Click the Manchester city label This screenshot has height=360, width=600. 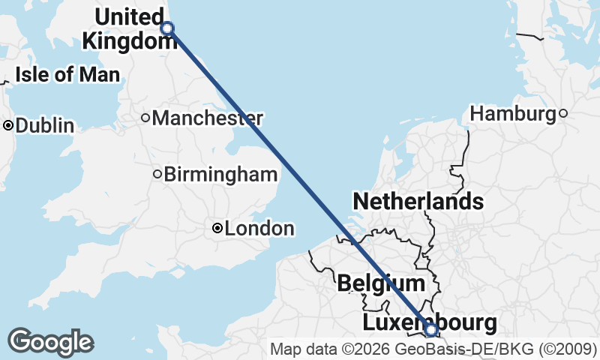click(208, 118)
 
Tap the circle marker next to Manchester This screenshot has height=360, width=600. click(146, 118)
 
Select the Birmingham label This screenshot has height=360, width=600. click(220, 175)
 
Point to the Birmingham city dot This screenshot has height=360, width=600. click(157, 175)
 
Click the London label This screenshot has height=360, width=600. click(259, 229)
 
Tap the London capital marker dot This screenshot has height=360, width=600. click(217, 228)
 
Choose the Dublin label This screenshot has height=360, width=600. click(45, 126)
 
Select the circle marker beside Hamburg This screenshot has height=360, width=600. click(562, 114)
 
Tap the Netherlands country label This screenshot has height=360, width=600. click(418, 201)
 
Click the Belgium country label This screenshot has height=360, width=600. click(381, 283)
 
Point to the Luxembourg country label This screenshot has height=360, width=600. click(429, 322)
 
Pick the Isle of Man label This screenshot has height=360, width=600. click(67, 75)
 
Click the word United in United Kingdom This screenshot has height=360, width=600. click(130, 16)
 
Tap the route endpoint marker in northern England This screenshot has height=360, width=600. click(167, 28)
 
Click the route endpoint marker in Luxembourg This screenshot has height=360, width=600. click(431, 329)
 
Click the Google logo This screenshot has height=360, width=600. click(50, 341)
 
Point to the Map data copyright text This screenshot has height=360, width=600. click(433, 349)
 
